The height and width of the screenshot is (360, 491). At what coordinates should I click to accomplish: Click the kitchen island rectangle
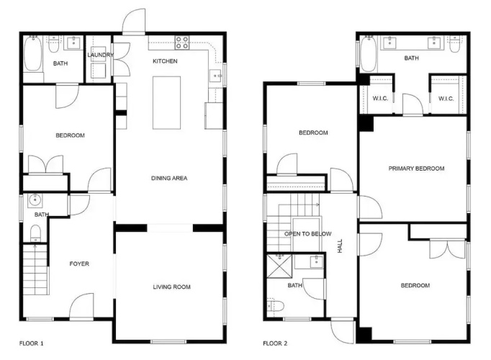pos(166,103)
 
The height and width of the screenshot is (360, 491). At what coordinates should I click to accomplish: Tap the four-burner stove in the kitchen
pos(182,42)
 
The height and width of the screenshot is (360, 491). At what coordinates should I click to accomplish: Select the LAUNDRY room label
pos(100,55)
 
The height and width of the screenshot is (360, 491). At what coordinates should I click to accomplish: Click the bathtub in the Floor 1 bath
pos(32,53)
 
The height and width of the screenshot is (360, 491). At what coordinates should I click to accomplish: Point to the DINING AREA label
pos(169,178)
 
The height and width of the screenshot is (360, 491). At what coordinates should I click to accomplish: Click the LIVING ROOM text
pos(171,287)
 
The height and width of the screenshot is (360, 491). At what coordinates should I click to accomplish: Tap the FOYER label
pos(79,264)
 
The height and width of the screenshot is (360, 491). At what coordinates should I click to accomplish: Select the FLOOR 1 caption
pos(31,343)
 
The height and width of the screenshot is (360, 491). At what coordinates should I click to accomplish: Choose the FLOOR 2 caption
pos(275,343)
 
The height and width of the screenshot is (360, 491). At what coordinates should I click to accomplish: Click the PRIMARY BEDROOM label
pos(416,168)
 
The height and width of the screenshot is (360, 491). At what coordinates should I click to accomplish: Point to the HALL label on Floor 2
pos(340,246)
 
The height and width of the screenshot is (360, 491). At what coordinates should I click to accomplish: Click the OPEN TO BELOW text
pos(308,234)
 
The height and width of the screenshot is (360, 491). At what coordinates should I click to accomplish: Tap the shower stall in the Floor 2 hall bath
pos(279,266)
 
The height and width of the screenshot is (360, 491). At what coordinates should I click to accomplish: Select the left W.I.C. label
pos(380,99)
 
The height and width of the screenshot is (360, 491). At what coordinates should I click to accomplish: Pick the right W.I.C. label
pos(446,99)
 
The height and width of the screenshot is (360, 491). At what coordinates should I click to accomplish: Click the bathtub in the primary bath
pos(369,54)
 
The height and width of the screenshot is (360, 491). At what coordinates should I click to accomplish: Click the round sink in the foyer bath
pos(35,199)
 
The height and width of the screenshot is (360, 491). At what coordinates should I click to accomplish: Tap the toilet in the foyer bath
pos(36,233)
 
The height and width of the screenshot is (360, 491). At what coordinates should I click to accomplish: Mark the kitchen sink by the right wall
pos(216,76)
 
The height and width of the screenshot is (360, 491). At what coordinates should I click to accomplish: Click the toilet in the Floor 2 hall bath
pos(276,305)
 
